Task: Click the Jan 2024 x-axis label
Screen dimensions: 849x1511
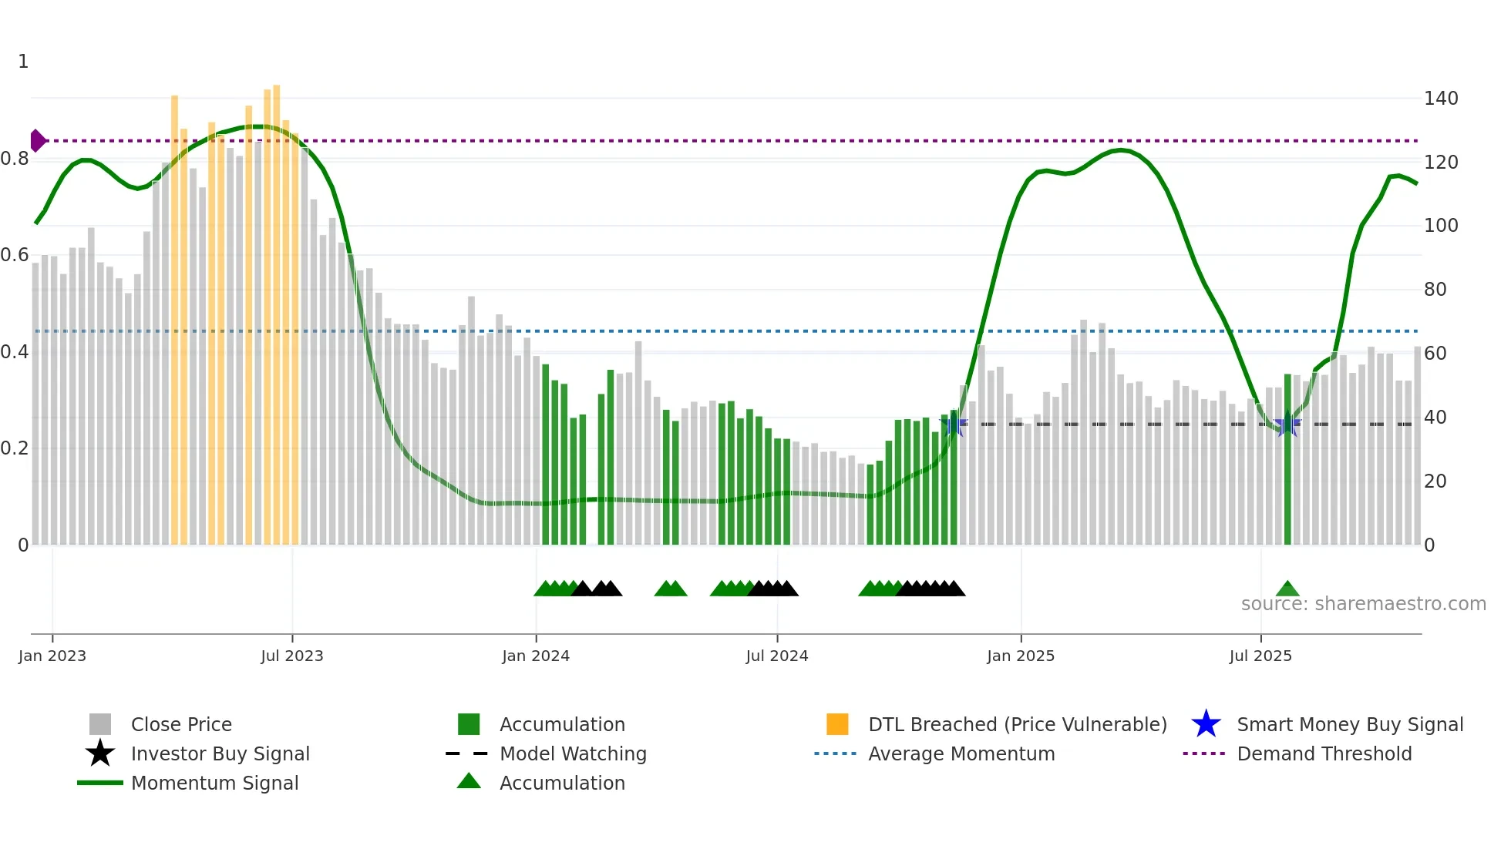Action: (535, 656)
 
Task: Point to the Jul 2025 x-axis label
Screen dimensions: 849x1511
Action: (1260, 656)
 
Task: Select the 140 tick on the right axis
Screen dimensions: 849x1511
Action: (1440, 99)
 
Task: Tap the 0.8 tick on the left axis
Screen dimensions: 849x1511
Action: (15, 159)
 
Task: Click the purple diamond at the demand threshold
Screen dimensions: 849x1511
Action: (37, 141)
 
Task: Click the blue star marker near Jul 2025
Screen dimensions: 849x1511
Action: (1287, 424)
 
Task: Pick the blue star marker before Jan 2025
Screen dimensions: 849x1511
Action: (954, 424)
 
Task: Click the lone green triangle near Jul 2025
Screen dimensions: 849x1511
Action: (1287, 589)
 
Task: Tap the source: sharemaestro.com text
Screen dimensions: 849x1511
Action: (1363, 604)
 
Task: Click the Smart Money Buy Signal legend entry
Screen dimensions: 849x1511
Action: (1349, 724)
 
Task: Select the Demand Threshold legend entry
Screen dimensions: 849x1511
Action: (1324, 753)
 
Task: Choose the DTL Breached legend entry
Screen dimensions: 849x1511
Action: (1017, 724)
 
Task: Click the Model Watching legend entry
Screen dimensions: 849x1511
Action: (572, 753)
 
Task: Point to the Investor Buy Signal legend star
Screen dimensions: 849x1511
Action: (100, 753)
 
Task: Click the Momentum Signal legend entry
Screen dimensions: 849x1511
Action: (214, 783)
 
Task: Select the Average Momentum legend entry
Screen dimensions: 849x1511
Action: (961, 753)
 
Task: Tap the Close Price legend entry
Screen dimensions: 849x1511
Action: (180, 724)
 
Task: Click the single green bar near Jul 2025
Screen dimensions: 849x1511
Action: (1287, 462)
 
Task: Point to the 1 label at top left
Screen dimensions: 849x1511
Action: (23, 62)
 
